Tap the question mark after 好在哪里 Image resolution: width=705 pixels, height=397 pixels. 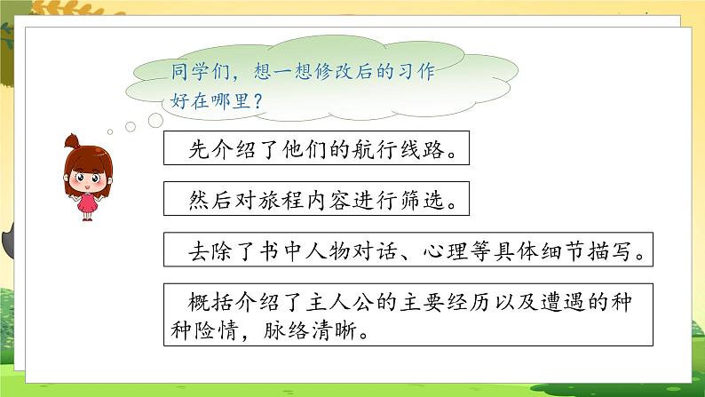(x=257, y=102)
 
